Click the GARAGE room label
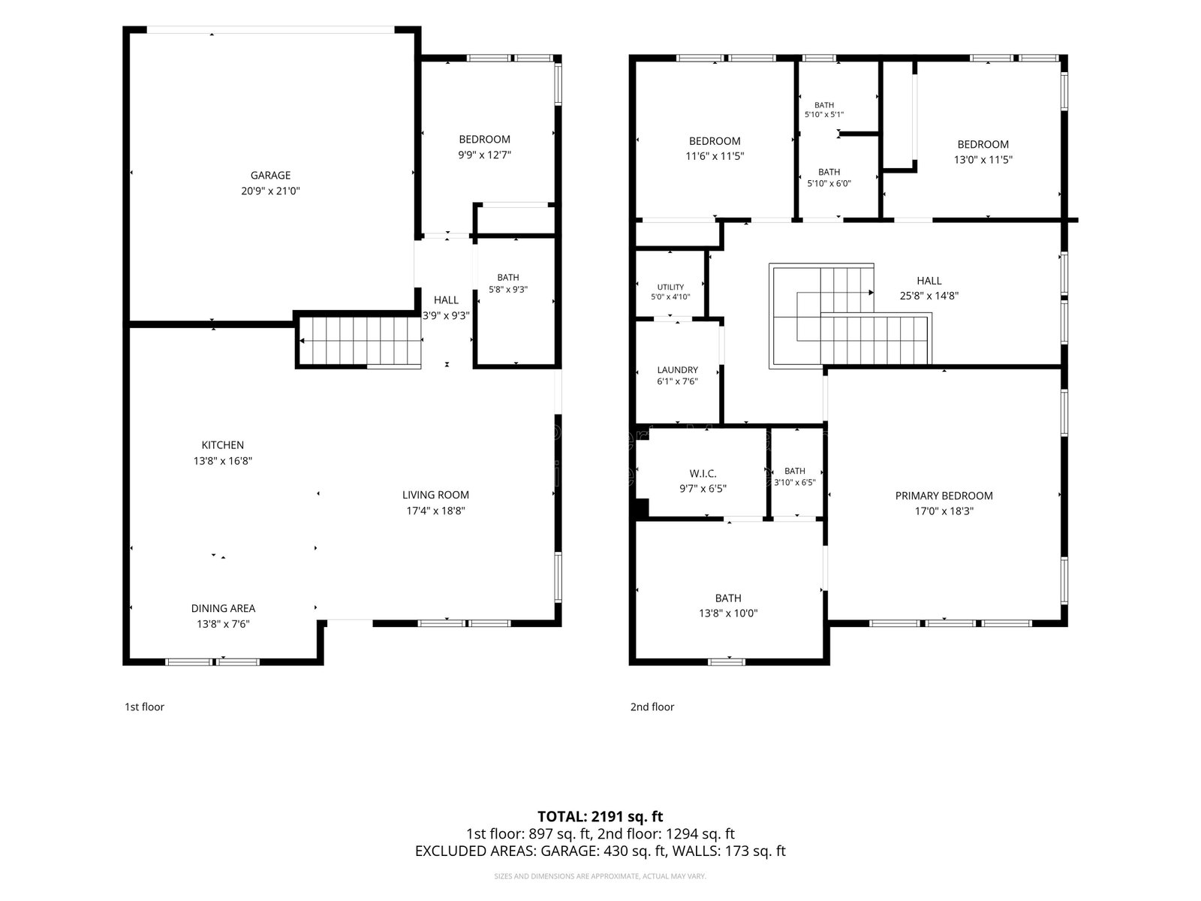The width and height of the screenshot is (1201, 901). coord(270,175)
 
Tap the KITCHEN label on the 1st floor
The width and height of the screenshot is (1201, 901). coord(223,445)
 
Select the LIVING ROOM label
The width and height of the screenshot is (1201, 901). coord(435,495)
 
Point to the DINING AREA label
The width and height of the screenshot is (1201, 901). coord(223,608)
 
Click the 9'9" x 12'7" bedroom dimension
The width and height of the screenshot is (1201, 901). coord(485,155)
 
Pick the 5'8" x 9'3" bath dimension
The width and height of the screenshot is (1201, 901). coord(508,289)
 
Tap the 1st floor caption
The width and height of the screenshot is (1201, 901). coord(144,707)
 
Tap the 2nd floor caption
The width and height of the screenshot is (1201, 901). coord(652,707)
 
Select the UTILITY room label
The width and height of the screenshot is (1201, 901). coord(670,288)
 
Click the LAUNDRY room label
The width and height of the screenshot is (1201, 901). coord(677,370)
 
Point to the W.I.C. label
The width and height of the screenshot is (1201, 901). coord(703,474)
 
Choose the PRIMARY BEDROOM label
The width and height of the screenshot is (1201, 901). coord(944,496)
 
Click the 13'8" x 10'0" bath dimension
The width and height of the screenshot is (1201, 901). coord(728,613)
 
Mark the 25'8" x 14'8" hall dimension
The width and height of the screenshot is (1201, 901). coord(929,296)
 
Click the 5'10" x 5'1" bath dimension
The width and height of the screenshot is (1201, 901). coord(824,114)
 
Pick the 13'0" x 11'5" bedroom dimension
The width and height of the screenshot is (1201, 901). coord(983,160)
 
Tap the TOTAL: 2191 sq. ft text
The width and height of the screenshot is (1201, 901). coord(600,817)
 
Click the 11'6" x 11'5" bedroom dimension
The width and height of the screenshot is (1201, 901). coord(715,156)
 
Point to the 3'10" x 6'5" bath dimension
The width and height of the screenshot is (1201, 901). coord(795,483)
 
